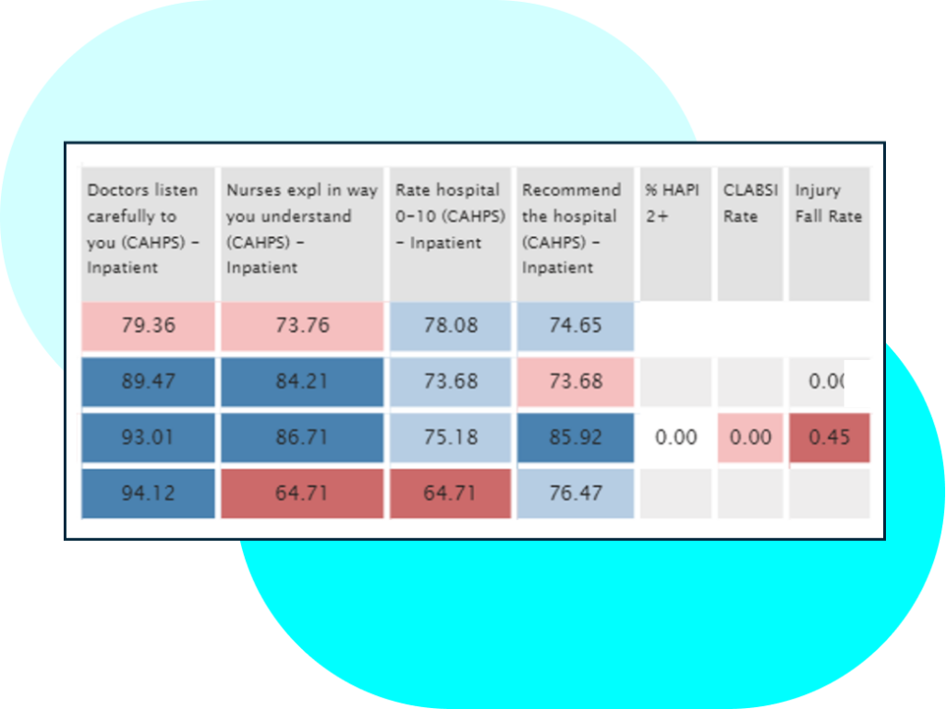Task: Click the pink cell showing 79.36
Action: point(148,326)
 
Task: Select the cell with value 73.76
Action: point(302,326)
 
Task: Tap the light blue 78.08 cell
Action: point(449,326)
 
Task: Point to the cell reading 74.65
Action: point(575,326)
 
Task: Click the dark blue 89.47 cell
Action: point(148,381)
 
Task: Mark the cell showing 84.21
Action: point(302,381)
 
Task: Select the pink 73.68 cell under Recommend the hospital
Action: point(575,381)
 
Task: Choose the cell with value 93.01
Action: point(148,437)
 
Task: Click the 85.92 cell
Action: point(575,437)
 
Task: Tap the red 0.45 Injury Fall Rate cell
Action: point(829,437)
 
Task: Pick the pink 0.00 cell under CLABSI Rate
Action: point(749,437)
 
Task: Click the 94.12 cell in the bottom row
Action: point(148,493)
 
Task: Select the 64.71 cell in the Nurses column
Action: point(302,493)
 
